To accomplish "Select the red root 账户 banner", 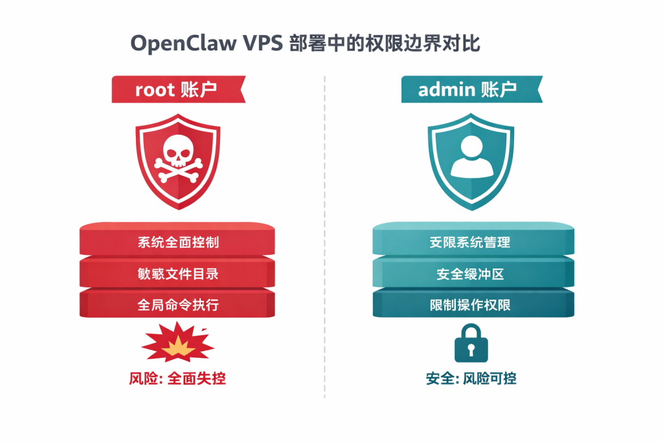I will click(x=178, y=89).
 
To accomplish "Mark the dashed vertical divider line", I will click(x=324, y=259).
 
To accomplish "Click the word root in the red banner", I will click(x=155, y=89).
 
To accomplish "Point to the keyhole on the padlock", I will click(x=471, y=350).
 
